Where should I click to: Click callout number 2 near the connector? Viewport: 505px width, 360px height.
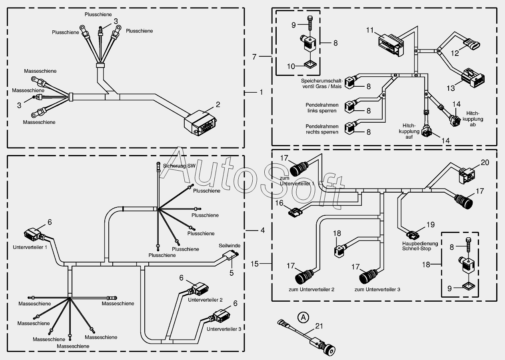point(218,105)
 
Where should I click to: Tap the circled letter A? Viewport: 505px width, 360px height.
point(303,317)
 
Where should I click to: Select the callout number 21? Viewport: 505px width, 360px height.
point(319,326)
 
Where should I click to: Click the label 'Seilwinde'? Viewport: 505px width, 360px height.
point(230,246)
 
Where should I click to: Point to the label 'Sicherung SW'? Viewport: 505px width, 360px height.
point(179,166)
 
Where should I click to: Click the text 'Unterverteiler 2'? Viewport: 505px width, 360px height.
point(205,300)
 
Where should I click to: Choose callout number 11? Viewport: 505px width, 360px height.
point(370,30)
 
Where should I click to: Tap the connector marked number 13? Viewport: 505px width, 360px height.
point(473,78)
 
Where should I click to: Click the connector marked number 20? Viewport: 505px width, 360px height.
point(467,175)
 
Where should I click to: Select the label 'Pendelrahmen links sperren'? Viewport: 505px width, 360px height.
point(322,108)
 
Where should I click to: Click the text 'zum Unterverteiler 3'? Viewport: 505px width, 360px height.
point(377,290)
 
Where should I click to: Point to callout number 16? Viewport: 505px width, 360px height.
point(279,203)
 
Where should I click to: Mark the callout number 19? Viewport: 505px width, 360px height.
point(430,225)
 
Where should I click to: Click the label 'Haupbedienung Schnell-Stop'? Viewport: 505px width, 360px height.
point(420,246)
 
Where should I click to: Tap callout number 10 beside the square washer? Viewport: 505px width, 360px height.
point(291,66)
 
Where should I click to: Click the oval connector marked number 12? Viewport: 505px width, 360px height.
point(472,42)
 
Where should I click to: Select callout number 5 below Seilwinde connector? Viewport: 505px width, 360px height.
point(232,273)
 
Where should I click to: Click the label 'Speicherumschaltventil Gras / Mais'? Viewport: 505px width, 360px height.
point(322,84)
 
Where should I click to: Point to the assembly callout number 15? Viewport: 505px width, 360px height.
point(255,264)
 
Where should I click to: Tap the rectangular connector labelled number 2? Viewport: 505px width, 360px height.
point(200,123)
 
